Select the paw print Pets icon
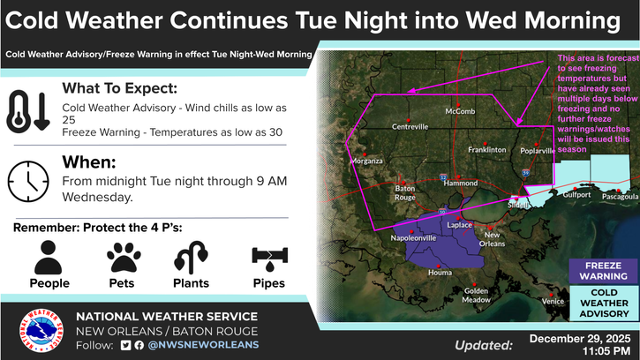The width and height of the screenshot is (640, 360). [124, 258]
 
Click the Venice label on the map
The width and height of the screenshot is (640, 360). [553, 302]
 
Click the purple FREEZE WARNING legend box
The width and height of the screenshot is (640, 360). [604, 270]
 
